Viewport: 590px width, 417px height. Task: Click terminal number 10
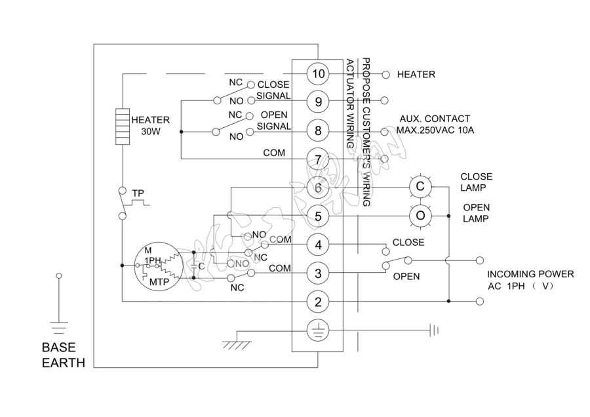pos(318,74)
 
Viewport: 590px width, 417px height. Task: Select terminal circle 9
pos(318,102)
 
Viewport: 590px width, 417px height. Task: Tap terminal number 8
pos(318,130)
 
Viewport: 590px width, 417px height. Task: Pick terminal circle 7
pos(318,159)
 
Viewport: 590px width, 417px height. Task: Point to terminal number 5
pos(318,216)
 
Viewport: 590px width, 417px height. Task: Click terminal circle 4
pos(318,245)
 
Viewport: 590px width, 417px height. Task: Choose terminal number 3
pos(318,273)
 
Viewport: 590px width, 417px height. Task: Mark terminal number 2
pos(318,302)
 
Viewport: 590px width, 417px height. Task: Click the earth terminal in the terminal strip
pos(318,330)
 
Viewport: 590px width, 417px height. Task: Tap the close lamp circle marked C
pos(420,187)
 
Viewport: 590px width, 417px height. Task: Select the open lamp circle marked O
pos(420,215)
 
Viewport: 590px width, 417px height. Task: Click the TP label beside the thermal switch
pos(138,193)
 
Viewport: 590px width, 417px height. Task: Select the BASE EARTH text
pos(63,354)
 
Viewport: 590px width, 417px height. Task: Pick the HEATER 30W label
pos(151,125)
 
